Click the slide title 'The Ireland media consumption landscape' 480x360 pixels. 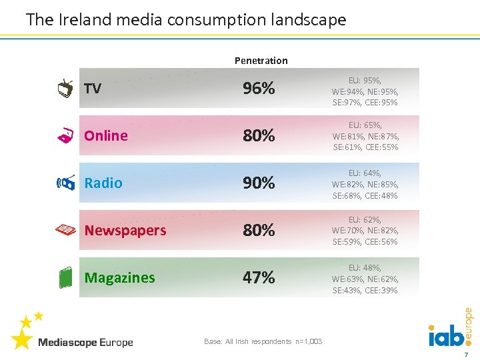[186, 19]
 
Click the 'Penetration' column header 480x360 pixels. [261, 61]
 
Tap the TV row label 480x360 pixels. [93, 89]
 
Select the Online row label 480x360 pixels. [105, 136]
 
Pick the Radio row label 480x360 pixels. [103, 183]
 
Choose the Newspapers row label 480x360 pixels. [125, 231]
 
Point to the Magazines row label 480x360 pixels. [119, 278]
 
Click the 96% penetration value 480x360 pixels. [259, 89]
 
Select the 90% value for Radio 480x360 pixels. [259, 183]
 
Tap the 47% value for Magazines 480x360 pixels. [259, 278]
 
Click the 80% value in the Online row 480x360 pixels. [259, 136]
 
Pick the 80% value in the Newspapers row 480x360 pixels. [259, 231]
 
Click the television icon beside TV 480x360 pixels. [65, 89]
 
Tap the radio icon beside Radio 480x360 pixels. [65, 183]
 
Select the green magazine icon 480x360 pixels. [64, 278]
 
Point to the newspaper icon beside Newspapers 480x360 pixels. [65, 230]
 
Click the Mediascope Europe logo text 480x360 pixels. [85, 343]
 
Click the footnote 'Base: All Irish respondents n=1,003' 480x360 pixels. [263, 342]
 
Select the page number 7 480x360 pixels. [466, 353]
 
